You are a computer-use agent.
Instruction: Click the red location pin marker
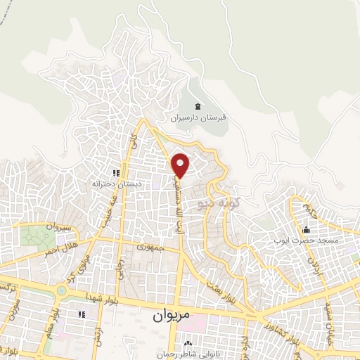(x=181, y=165)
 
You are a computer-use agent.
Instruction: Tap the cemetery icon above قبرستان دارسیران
(x=198, y=106)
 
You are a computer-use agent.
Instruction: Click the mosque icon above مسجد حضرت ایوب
(x=305, y=230)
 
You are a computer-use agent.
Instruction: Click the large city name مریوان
(x=170, y=316)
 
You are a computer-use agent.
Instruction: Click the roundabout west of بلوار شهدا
(x=61, y=289)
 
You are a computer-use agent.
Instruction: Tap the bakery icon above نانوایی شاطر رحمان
(x=187, y=344)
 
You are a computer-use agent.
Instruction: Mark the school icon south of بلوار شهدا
(x=82, y=313)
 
